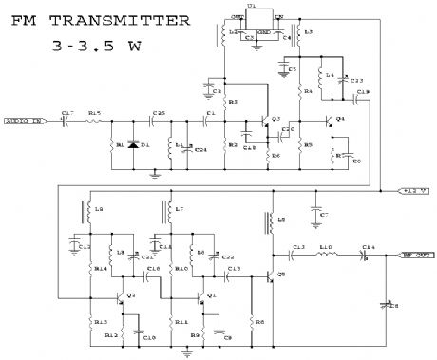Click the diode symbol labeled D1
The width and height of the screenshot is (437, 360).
coord(133,146)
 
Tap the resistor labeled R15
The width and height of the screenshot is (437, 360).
coord(92,122)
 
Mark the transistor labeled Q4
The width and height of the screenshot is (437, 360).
coord(330,123)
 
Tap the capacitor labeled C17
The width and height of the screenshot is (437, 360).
coord(65,122)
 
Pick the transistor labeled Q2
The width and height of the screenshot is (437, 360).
coord(124,298)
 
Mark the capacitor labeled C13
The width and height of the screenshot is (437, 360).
coord(298,255)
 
